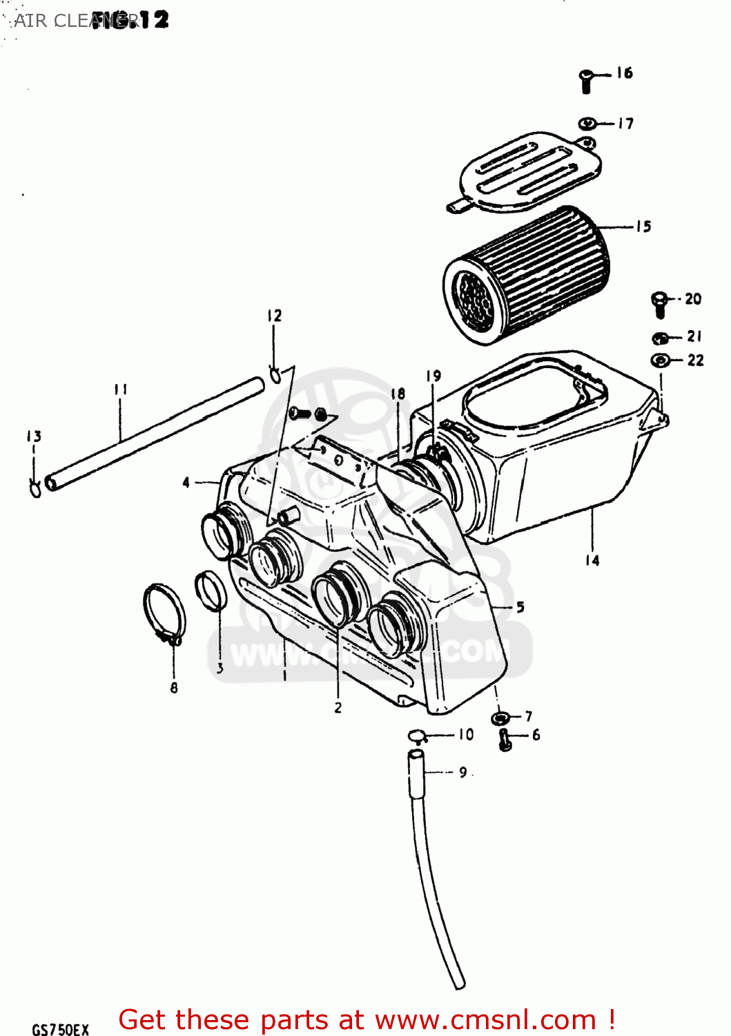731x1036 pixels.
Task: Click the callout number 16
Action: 624,73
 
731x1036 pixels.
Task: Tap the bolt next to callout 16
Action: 586,81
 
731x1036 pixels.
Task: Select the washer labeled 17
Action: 587,124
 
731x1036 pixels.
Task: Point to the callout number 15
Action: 643,227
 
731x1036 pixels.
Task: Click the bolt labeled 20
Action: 659,304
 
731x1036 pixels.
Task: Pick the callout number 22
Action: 695,360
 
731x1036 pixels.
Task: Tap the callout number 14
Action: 592,560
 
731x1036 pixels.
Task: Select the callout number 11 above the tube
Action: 121,390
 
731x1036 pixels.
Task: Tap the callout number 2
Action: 338,707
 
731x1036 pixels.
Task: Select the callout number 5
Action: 520,607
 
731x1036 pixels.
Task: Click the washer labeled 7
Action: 500,718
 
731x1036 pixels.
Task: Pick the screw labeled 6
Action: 505,740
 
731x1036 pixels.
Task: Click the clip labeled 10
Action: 417,735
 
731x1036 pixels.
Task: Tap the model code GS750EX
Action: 60,1029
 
